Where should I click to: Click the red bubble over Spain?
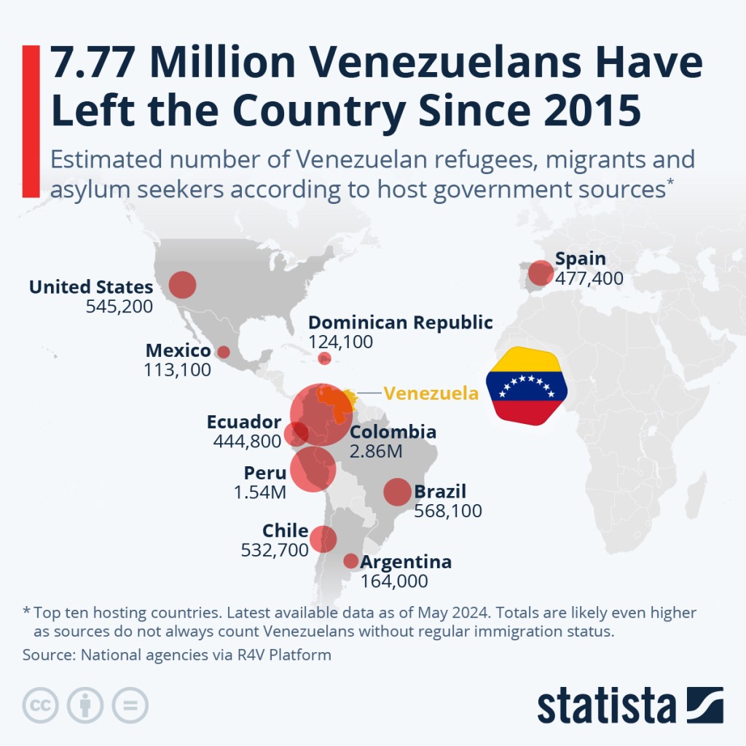[x=541, y=272]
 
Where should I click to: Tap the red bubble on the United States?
[x=182, y=284]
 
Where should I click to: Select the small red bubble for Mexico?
[x=224, y=352]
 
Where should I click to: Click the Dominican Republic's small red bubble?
[x=325, y=358]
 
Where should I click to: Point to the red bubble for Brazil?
[x=397, y=492]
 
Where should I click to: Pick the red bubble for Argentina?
[x=350, y=561]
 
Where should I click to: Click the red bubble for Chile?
[x=323, y=539]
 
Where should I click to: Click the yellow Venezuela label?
[x=431, y=393]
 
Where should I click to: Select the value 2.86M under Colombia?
[x=376, y=452]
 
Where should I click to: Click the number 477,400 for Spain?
[x=589, y=278]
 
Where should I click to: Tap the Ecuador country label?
[x=243, y=423]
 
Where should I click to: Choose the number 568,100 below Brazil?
[x=447, y=511]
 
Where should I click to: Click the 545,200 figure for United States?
[x=119, y=307]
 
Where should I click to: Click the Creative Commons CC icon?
[x=41, y=705]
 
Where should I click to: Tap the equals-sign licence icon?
[x=130, y=705]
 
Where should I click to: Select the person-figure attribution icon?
[x=85, y=705]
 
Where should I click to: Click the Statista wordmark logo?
[x=630, y=704]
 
